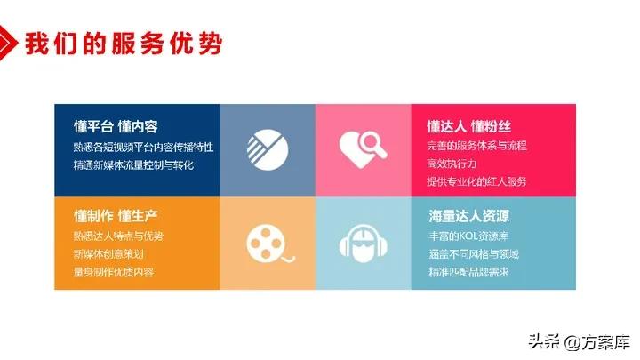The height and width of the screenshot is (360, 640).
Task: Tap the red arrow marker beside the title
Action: pyautogui.click(x=11, y=41)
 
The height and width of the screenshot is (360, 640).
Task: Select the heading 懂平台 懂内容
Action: pyautogui.click(x=116, y=126)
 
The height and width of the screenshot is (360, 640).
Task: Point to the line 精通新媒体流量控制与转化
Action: pyautogui.click(x=133, y=164)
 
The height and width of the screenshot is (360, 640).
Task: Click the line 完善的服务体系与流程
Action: pyautogui.click(x=476, y=145)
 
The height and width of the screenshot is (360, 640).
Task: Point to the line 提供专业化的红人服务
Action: pyautogui.click(x=476, y=181)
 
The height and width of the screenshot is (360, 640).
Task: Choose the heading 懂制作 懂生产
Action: pyautogui.click(x=116, y=216)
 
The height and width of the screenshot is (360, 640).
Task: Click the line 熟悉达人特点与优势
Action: pyautogui.click(x=119, y=236)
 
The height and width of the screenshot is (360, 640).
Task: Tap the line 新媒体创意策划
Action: pyautogui.click(x=109, y=253)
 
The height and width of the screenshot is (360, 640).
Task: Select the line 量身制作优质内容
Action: pyautogui.click(x=114, y=271)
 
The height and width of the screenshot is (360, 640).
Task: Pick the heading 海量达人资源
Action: pyautogui.click(x=468, y=216)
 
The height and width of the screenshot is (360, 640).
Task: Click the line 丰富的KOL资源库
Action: pyautogui.click(x=470, y=236)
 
